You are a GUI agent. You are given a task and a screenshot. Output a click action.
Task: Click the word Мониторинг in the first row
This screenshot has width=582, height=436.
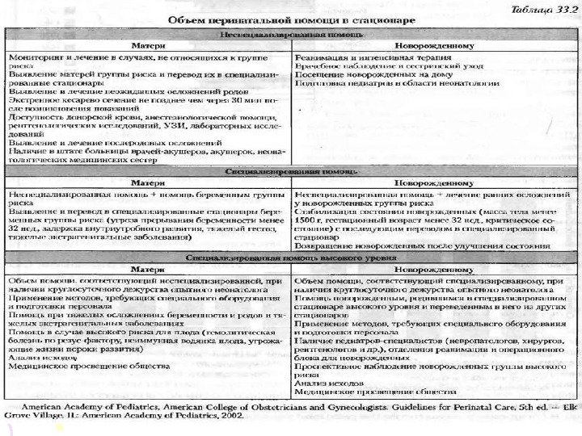tap(32, 59)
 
